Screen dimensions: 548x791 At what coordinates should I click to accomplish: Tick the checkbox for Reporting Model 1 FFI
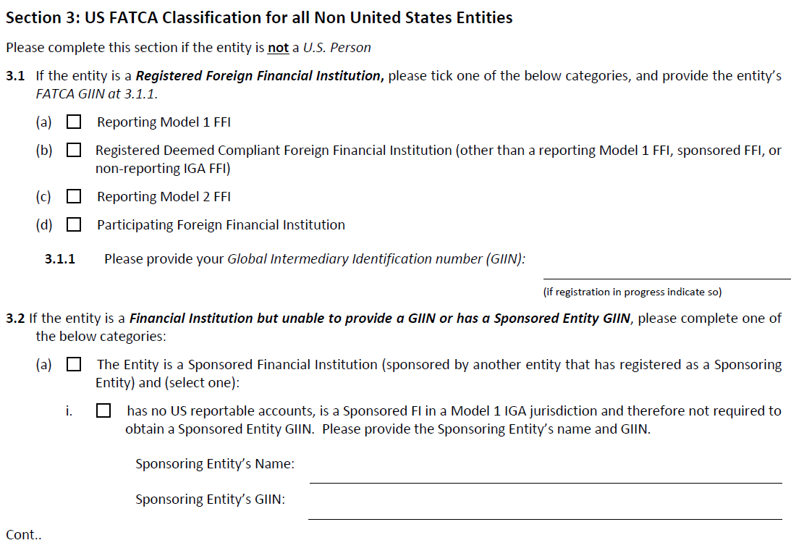[74, 122]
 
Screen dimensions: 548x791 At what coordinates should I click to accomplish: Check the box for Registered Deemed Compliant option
[74, 151]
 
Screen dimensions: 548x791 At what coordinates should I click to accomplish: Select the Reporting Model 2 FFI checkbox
[74, 197]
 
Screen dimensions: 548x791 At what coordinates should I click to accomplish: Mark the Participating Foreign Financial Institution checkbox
[74, 225]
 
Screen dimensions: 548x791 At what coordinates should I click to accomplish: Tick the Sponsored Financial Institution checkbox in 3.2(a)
[74, 365]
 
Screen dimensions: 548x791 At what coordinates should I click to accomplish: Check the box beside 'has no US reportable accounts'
[103, 411]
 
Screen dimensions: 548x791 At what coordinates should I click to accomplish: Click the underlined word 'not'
[278, 48]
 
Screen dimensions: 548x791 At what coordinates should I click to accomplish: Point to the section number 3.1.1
[60, 258]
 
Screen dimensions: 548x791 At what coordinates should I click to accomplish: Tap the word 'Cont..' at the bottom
[23, 535]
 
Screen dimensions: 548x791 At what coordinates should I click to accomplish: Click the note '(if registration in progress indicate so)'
[632, 292]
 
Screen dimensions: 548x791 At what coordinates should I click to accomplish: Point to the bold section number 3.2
[15, 319]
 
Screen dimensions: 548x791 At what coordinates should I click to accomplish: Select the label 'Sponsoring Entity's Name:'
[215, 464]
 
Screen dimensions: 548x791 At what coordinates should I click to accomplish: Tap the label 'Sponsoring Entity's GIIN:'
[210, 499]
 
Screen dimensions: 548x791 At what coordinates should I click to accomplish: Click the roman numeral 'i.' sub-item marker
[69, 411]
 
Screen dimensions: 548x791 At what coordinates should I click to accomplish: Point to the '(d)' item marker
[44, 225]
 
